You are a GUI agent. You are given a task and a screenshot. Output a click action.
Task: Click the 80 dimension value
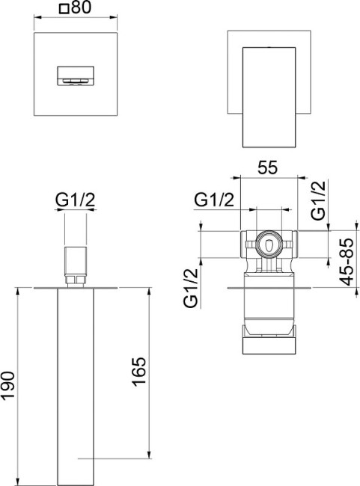81,7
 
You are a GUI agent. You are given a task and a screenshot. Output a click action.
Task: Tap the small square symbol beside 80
64,9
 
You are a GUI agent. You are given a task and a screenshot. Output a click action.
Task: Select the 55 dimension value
267,167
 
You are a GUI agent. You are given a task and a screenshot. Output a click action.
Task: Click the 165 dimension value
139,372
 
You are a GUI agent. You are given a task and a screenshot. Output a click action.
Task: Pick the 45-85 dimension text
347,262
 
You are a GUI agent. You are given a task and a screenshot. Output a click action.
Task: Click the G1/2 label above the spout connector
75,200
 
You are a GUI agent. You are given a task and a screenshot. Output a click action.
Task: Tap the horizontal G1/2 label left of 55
214,200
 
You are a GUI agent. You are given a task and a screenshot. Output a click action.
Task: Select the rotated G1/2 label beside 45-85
319,200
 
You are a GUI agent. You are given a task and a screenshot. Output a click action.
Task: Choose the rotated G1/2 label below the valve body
191,288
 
